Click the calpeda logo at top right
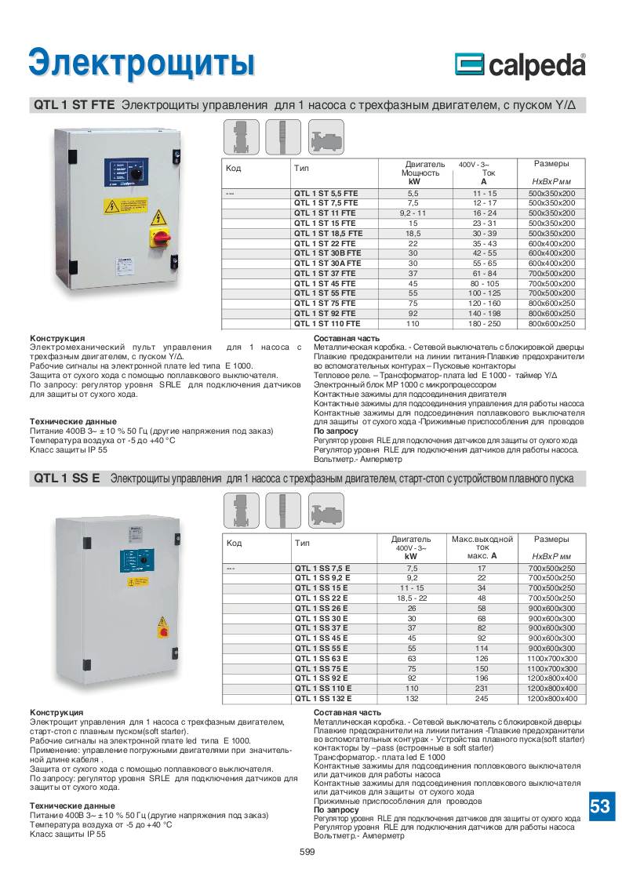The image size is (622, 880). click(x=520, y=65)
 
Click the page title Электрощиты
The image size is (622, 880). click(x=141, y=63)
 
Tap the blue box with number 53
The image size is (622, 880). click(x=599, y=805)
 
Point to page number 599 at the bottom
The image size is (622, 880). click(x=307, y=853)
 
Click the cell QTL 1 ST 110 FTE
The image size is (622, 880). click(x=327, y=323)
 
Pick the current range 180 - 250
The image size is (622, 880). click(x=484, y=323)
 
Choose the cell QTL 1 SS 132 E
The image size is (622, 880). click(x=322, y=698)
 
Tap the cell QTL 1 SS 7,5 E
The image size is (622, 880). click(x=322, y=567)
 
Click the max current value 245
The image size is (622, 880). click(x=482, y=698)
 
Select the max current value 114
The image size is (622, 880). click(x=482, y=649)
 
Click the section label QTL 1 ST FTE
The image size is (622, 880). click(x=75, y=104)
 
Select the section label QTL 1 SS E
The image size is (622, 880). click(x=67, y=478)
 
